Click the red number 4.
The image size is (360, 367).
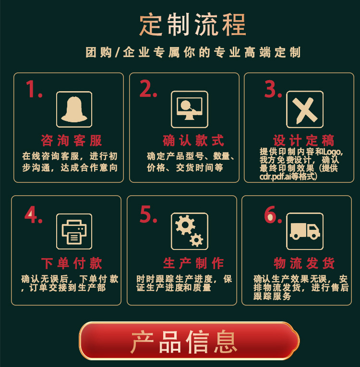click(x=33, y=215)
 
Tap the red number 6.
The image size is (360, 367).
click(x=272, y=215)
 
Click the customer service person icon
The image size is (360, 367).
click(x=74, y=109)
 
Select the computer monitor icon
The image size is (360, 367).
click(x=190, y=109)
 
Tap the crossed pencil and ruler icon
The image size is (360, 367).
click(x=305, y=109)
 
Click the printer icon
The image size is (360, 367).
click(x=74, y=231)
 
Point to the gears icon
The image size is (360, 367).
click(x=190, y=231)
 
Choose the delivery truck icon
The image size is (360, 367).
click(x=305, y=231)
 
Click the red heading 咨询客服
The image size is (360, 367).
click(x=72, y=141)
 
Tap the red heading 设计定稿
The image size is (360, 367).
click(x=304, y=141)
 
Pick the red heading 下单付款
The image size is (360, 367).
click(x=72, y=263)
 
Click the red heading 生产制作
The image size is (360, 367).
click(x=193, y=263)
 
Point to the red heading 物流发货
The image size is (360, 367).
click(x=304, y=263)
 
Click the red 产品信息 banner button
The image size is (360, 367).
click(x=189, y=341)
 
